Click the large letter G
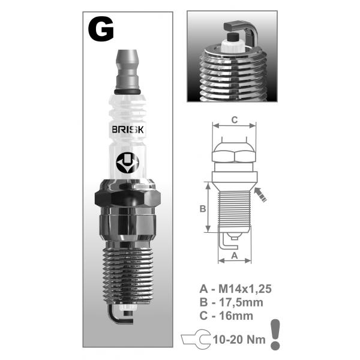coord(101,29)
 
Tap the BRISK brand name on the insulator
coord(128,130)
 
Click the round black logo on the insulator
coord(127,163)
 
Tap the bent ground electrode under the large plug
coord(119,314)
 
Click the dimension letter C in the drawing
coord(235,120)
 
